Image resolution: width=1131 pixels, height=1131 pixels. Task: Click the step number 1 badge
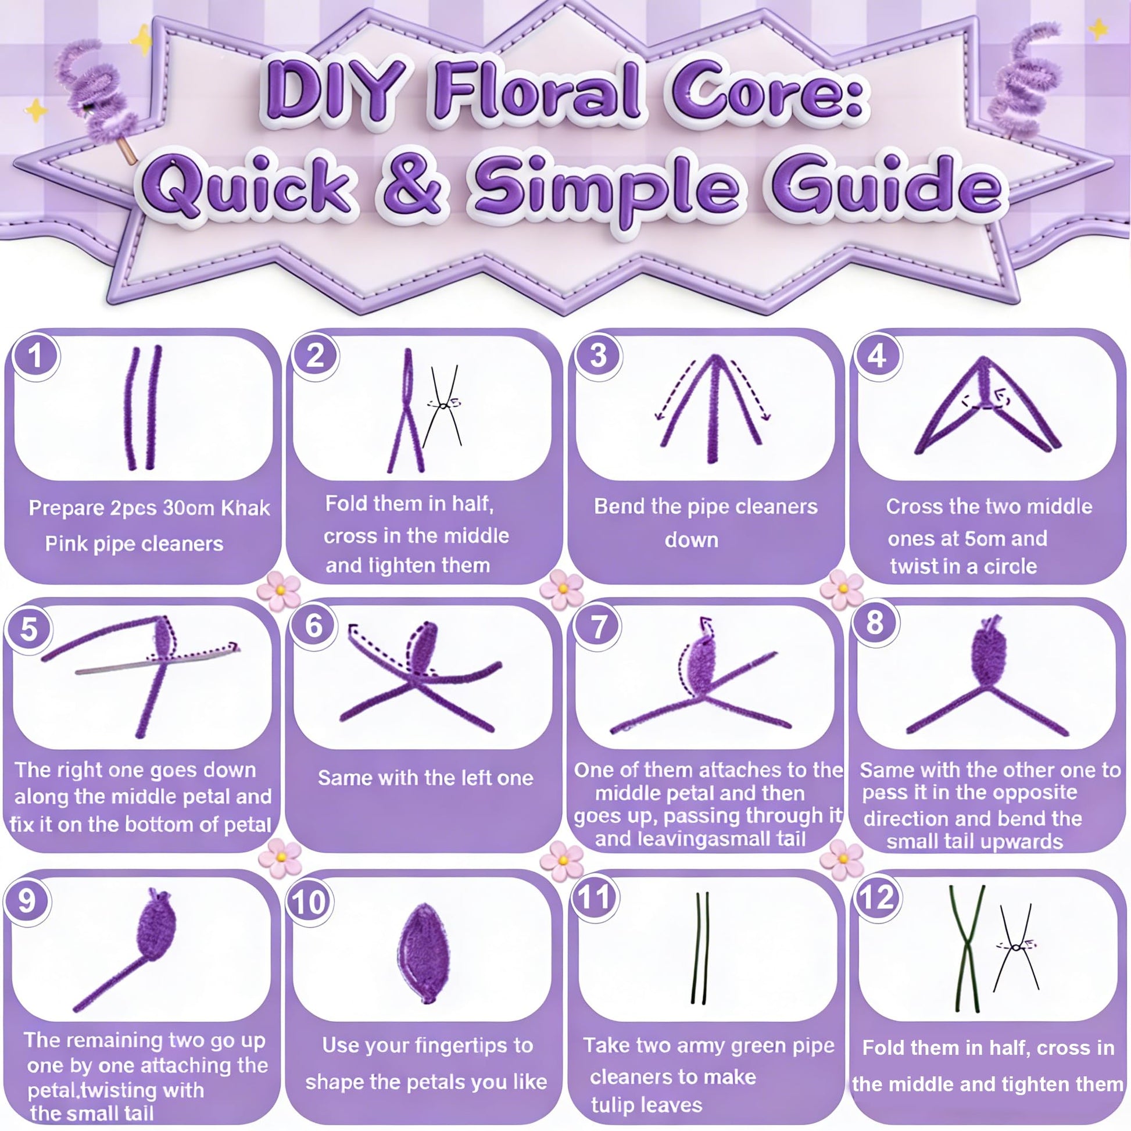point(35,356)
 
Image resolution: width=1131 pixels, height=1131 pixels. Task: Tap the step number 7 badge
point(598,627)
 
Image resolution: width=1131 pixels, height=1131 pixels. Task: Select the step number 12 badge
point(876,897)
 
